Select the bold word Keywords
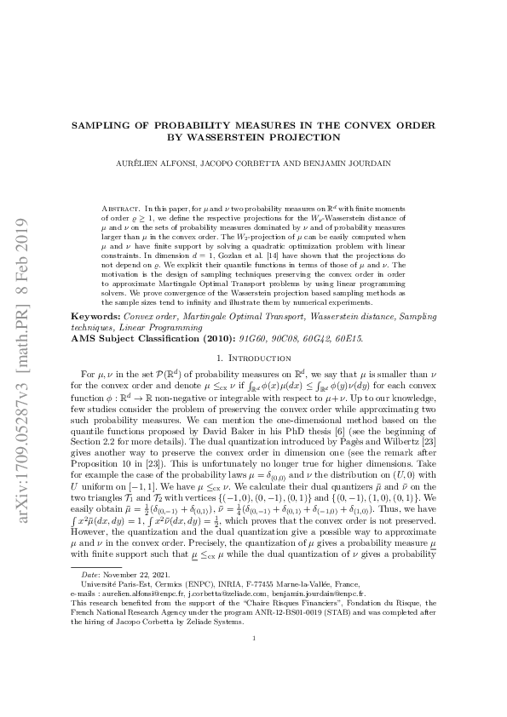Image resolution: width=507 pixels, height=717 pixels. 95,316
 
